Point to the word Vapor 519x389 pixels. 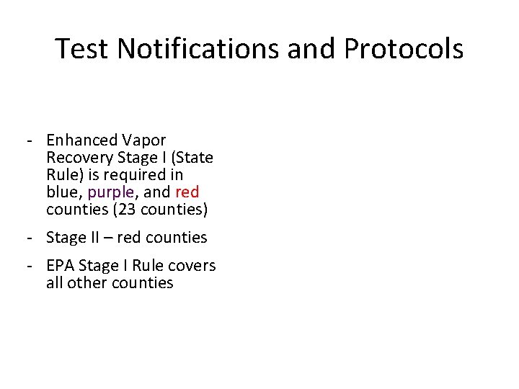click(143, 140)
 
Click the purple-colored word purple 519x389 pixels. click(110, 193)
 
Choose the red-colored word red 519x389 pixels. click(187, 192)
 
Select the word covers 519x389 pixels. click(191, 265)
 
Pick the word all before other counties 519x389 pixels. click(54, 282)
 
